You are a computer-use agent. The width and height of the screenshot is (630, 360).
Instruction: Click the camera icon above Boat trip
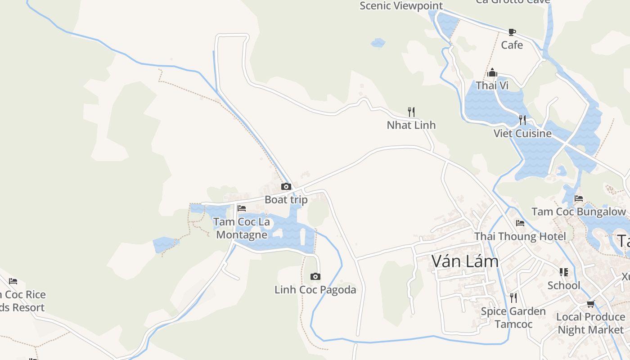coord(286,186)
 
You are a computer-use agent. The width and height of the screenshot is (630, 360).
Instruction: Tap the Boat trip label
coord(286,200)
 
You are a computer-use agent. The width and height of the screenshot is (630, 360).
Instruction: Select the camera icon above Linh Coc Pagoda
coord(315,276)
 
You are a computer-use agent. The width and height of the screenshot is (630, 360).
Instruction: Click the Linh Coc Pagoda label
coord(315,290)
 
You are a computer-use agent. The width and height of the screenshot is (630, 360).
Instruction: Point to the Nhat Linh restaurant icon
coord(411,112)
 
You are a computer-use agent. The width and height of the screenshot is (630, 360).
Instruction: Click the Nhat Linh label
coord(411,125)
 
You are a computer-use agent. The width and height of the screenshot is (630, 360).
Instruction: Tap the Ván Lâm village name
coord(465,261)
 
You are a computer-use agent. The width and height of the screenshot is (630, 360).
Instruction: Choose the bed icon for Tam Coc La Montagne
coord(242,208)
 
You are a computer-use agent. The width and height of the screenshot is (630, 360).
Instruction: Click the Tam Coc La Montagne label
coord(242,228)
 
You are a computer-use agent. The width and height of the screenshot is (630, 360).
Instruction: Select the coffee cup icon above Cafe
coord(512,32)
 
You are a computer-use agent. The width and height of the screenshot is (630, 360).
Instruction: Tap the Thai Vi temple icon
coord(492,72)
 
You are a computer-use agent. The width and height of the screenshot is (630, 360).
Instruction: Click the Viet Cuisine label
coord(522,134)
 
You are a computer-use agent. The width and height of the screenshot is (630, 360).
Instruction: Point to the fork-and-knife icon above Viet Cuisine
coord(522,120)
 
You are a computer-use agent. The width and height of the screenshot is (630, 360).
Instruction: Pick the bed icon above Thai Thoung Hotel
coord(520,223)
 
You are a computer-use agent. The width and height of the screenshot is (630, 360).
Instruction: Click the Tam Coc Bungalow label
coord(579,211)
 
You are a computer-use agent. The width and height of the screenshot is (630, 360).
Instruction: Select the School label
coord(564,285)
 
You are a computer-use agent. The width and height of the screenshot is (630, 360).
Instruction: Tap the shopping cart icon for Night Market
coord(590,304)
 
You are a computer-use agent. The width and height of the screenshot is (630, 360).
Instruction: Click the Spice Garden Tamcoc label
coord(513,318)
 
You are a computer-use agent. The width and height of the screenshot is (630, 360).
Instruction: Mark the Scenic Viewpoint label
coord(401,6)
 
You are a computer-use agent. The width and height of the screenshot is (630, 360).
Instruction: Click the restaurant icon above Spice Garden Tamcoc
coord(513,297)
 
